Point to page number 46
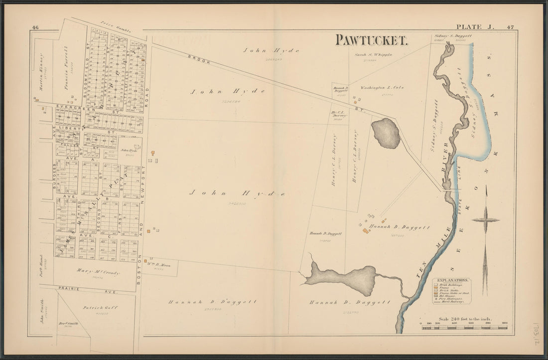click(35, 27)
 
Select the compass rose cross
click(485, 220)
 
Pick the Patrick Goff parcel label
click(100, 308)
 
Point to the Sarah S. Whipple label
click(374, 54)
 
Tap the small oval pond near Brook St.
click(386, 133)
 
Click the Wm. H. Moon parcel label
click(159, 265)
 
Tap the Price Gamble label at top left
click(115, 28)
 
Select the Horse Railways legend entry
click(453, 302)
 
